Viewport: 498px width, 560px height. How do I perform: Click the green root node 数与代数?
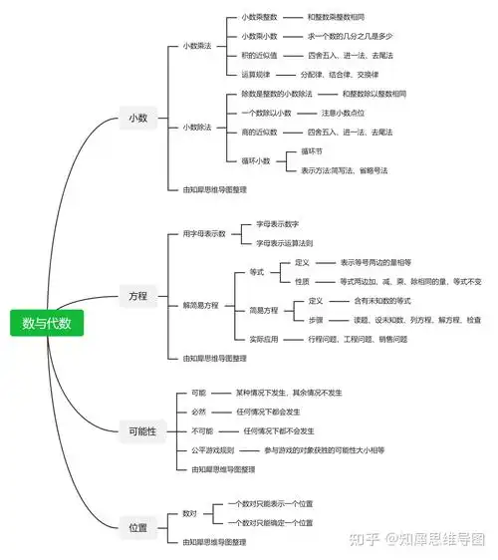[48, 323]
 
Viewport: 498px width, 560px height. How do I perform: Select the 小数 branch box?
[138, 118]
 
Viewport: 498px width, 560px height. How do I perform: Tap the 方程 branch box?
[138, 296]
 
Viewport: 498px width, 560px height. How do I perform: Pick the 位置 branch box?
[138, 527]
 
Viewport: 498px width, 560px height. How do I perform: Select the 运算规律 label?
[259, 74]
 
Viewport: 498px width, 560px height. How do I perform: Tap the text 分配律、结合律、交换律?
[342, 74]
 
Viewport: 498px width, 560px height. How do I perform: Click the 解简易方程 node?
[200, 305]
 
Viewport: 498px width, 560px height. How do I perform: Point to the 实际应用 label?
[264, 339]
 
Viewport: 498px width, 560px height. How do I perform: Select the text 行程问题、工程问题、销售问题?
[358, 339]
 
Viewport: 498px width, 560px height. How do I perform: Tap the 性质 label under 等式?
[303, 282]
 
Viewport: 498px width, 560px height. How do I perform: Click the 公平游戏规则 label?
[213, 449]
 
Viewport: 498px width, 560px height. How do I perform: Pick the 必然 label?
[198, 412]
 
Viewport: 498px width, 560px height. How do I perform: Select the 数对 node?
[189, 513]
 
